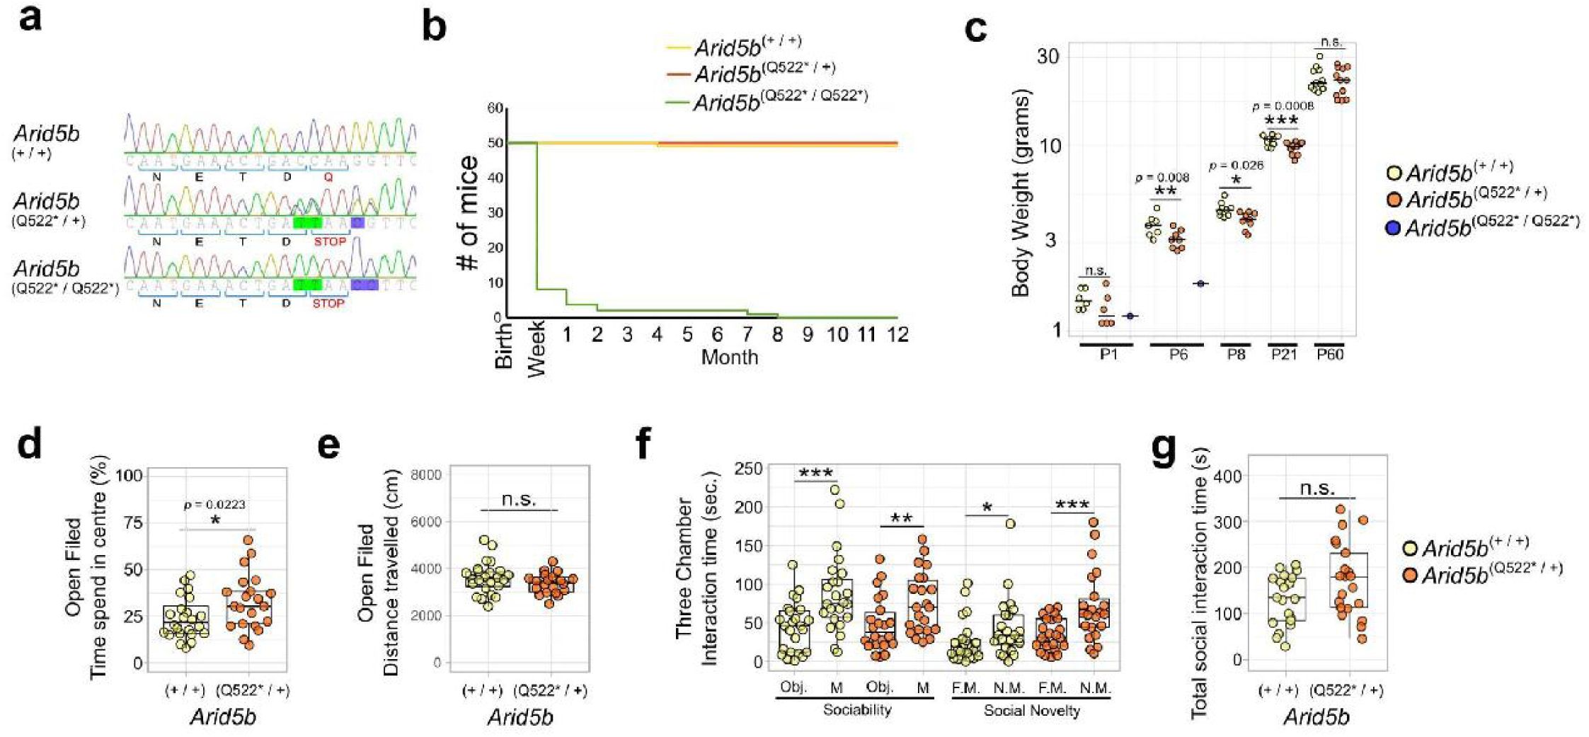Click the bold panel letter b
434,28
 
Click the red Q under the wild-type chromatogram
328,178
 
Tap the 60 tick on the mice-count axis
495,108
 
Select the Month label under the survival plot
729,357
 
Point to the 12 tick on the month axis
897,334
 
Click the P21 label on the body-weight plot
1283,354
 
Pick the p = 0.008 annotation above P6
1162,178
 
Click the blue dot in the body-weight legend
1393,228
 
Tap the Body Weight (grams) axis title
1020,193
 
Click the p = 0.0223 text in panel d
216,505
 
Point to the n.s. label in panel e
519,499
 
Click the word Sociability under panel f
856,709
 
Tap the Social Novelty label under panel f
1031,710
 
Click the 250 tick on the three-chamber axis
749,469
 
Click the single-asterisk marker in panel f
987,508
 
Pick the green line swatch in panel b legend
677,104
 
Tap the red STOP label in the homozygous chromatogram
328,303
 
